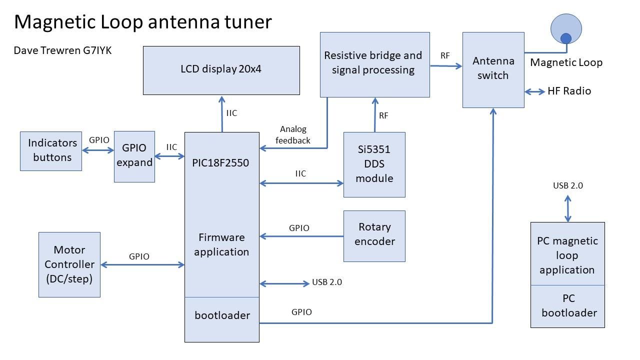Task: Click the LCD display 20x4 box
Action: point(221,70)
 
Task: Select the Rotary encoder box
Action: point(374,235)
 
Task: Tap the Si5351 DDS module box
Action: point(374,164)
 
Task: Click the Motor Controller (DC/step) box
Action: point(69,264)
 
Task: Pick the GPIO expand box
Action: point(134,156)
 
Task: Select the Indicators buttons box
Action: point(51,150)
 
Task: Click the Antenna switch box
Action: point(493,69)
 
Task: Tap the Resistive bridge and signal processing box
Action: point(374,64)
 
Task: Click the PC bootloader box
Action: point(567,306)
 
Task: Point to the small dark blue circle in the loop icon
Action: point(565,38)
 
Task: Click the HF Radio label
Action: point(569,91)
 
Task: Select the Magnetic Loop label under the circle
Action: point(566,62)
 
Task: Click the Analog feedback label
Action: point(293,135)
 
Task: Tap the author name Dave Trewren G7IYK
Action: point(62,50)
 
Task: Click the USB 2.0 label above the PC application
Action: point(567,185)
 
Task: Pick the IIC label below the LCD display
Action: point(231,113)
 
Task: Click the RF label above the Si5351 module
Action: point(383,116)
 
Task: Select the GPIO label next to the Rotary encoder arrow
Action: point(299,228)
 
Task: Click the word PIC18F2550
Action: point(220,163)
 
